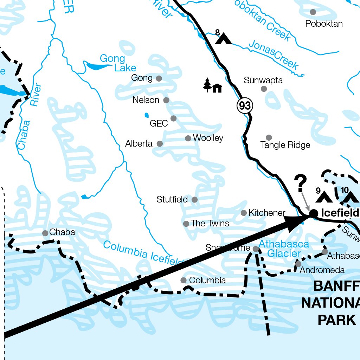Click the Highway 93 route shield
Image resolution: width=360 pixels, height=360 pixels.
tap(245, 105)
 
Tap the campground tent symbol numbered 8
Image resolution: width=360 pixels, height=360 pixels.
tap(223, 38)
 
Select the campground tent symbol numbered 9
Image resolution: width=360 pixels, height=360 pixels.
tap(324, 197)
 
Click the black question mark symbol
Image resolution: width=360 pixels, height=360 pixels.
tap(301, 184)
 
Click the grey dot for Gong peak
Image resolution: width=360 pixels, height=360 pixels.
tap(159, 78)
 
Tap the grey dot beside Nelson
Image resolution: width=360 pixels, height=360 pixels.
tap(166, 100)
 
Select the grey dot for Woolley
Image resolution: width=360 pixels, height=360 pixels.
tap(188, 138)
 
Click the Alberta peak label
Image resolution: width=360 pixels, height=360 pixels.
tap(139, 143)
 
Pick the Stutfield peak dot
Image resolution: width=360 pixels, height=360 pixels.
tap(194, 200)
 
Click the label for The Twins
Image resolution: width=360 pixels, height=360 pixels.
tap(210, 224)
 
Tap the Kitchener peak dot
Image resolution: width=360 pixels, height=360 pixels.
tap(244, 213)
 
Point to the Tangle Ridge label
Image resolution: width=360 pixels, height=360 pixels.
tap(285, 145)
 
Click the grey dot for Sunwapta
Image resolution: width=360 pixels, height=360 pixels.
tap(264, 89)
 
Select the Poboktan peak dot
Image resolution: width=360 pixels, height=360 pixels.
tap(313, 12)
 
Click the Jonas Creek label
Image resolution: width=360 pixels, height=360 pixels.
tap(274, 55)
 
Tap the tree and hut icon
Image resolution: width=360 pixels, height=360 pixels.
tap(213, 85)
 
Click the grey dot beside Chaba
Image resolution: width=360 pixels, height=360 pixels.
tap(45, 233)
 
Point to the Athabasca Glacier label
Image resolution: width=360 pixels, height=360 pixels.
tap(284, 249)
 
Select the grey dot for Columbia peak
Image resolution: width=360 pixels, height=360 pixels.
tap(184, 280)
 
